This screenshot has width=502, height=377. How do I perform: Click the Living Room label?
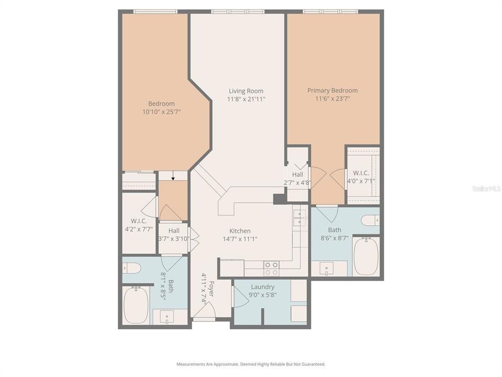pos(245,91)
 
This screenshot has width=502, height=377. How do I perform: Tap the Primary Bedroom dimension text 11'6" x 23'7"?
pos(332,98)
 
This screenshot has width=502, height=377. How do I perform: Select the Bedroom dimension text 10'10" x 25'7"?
pos(161,112)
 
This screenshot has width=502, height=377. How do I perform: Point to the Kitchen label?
pos(239,231)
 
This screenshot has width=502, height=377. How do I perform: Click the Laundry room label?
pos(262,287)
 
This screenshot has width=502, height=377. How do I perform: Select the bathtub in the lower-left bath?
pos(136,304)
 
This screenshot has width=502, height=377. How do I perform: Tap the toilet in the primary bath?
pos(370,220)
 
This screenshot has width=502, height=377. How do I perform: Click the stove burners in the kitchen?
pos(271,268)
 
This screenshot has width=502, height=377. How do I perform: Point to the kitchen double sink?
pos(300,217)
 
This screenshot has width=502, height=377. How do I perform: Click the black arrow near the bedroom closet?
pos(173,178)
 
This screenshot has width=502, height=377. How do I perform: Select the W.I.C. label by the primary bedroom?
pos(361,173)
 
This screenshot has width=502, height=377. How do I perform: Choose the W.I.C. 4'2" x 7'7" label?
pos(138,225)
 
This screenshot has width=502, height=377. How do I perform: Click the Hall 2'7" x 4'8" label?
pos(298,178)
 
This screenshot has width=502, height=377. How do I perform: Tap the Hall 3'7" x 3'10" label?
pos(174,234)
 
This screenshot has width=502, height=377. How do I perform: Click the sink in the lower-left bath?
pos(166,316)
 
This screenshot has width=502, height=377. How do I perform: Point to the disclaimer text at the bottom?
pos(250,364)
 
